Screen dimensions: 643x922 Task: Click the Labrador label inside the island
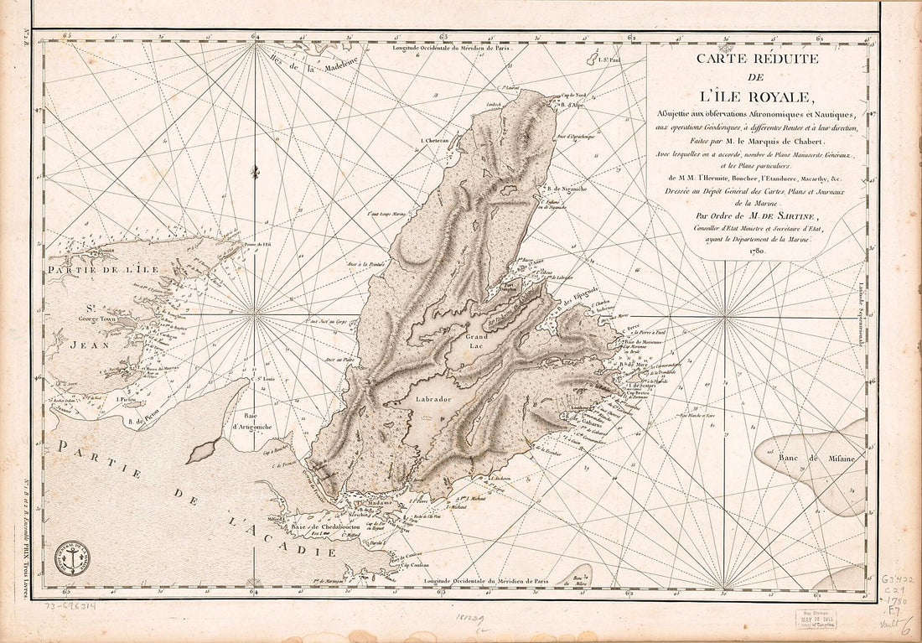click(x=433, y=400)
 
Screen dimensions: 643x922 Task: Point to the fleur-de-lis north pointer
click(x=255, y=172)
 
